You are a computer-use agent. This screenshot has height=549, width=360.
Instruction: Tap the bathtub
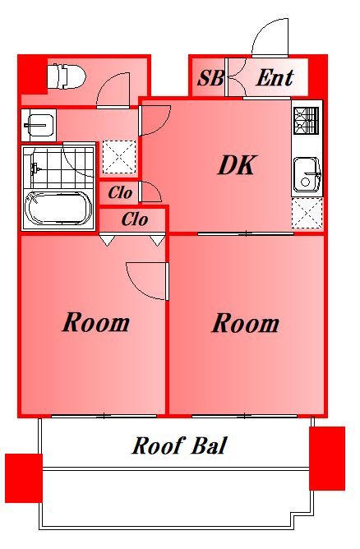[x=57, y=209]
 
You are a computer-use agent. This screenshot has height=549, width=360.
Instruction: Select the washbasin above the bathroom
[x=38, y=126]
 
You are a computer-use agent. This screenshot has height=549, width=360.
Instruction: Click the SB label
[x=210, y=79]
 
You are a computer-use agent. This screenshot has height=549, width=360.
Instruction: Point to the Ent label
[x=275, y=78]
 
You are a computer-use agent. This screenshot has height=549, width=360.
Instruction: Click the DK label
[x=238, y=166]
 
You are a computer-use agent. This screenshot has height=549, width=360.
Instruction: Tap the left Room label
[x=96, y=322]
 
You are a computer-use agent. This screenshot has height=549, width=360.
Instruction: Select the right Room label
[x=245, y=323]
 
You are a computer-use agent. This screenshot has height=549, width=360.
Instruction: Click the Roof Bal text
[x=179, y=446]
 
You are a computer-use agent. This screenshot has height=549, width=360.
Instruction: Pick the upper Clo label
[x=120, y=194]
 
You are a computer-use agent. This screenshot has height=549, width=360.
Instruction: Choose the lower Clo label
[x=134, y=219]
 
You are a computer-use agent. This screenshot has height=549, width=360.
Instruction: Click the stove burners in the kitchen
[x=306, y=122]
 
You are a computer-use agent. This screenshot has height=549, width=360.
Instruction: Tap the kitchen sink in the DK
[x=307, y=175]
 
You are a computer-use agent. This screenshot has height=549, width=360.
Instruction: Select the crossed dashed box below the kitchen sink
[x=307, y=214]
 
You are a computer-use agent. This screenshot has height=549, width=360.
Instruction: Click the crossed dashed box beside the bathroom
[x=118, y=156]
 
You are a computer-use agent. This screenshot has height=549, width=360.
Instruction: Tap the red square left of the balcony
[x=23, y=477]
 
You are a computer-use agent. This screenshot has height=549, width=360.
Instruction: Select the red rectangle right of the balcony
[x=327, y=458]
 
